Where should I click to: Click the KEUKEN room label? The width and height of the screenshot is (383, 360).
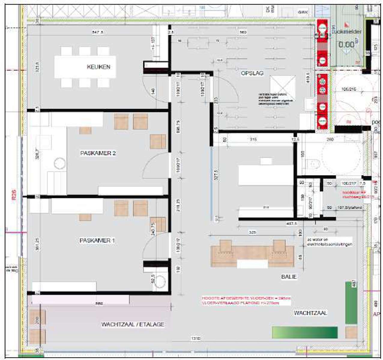98,67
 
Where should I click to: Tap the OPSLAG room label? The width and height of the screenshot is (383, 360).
252,73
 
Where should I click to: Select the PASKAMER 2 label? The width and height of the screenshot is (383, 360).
98,153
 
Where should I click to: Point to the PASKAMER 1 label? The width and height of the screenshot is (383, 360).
97,240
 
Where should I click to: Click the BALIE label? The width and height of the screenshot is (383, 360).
289,277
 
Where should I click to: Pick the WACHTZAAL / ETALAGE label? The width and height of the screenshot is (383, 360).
133,324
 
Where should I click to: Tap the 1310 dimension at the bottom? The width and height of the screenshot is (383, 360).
195,338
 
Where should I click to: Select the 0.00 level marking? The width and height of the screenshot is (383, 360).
346,45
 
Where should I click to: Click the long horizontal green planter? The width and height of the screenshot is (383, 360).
305,332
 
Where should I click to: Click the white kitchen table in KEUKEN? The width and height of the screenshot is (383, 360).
85,67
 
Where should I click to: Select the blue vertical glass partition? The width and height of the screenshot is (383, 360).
211,183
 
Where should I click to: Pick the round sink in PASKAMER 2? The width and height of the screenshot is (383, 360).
59,164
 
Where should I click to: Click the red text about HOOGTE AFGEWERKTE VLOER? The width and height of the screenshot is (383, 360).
246,301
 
